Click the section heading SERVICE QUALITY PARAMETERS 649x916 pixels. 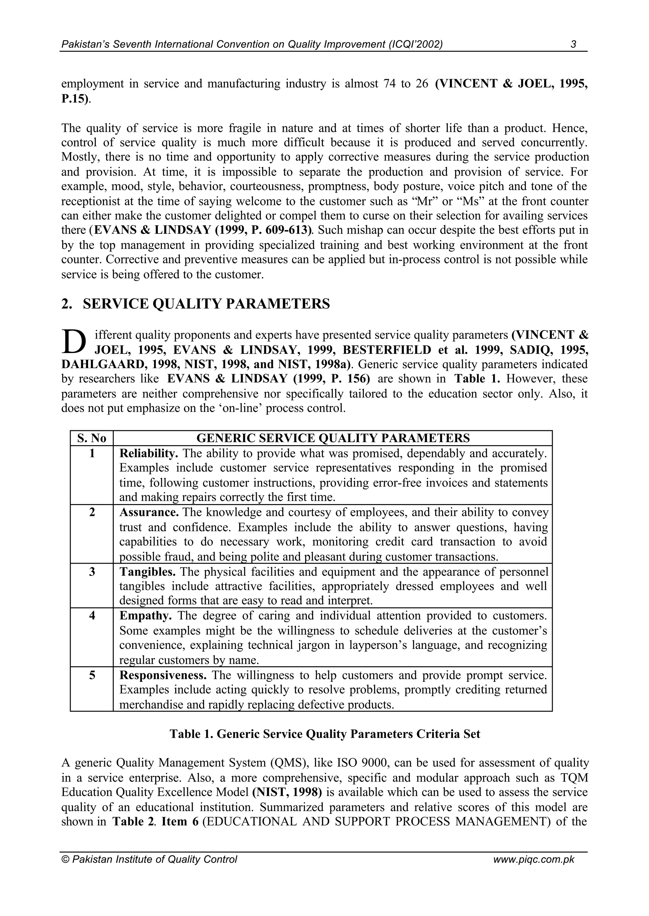pyautogui.click(x=206, y=304)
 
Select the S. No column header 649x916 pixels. pyautogui.click(x=92, y=438)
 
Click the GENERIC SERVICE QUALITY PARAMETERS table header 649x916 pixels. pyautogui.click(x=333, y=438)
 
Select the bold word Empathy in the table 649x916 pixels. pyautogui.click(x=145, y=616)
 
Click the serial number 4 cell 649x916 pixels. pyautogui.click(x=92, y=616)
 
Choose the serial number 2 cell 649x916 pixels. pyautogui.click(x=92, y=512)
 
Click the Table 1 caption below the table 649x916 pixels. pyautogui.click(x=324, y=734)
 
